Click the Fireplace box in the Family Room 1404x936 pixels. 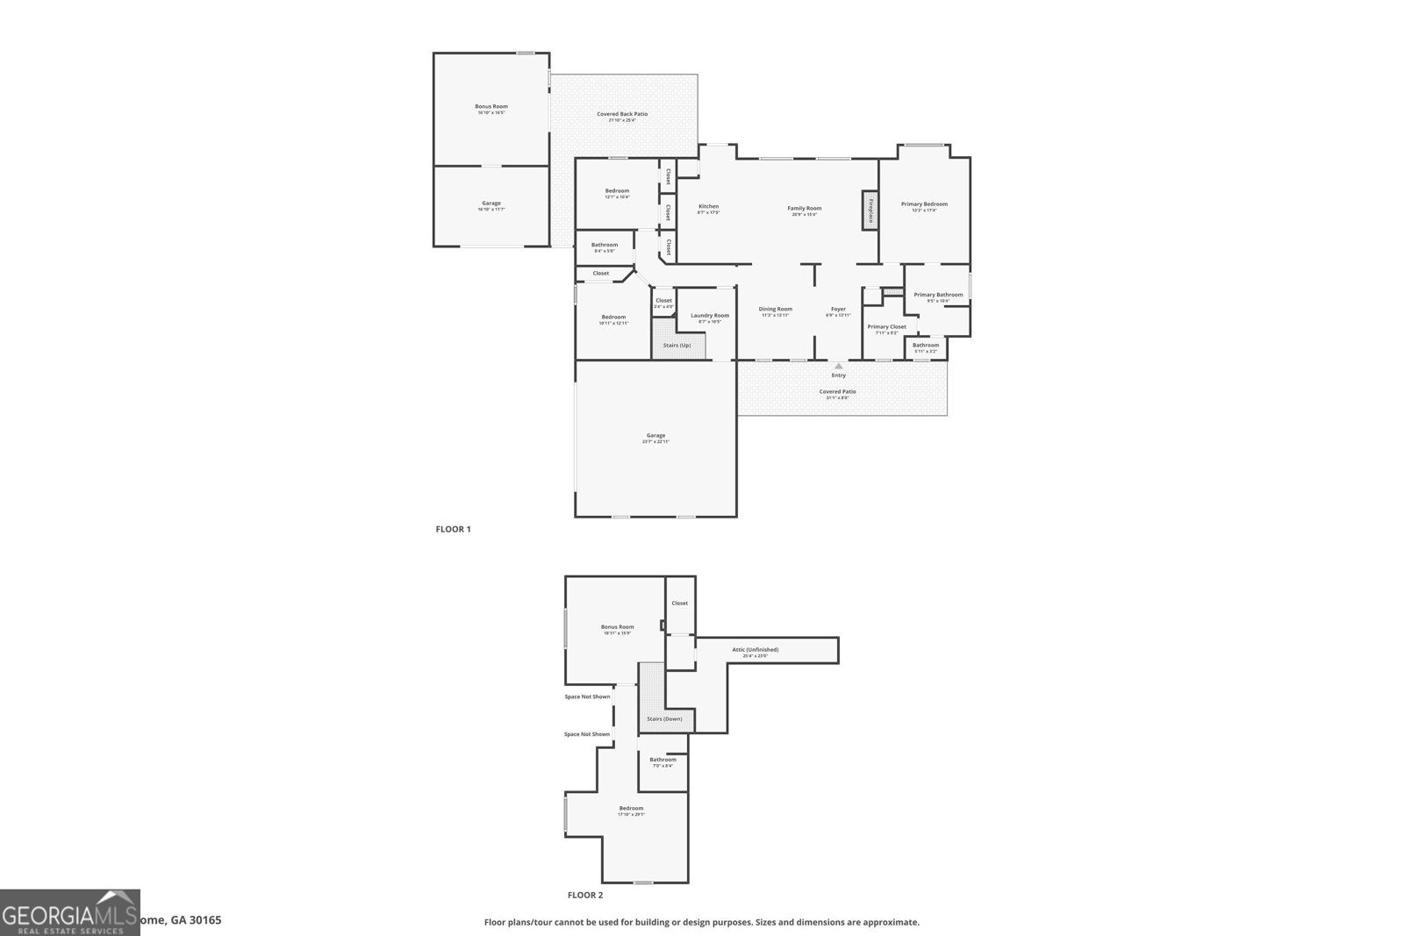pyautogui.click(x=870, y=211)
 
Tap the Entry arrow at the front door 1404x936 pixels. pyautogui.click(x=839, y=366)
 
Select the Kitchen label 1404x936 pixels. pyautogui.click(x=708, y=207)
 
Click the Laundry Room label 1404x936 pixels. pyautogui.click(x=710, y=316)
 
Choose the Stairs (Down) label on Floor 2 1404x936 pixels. pyautogui.click(x=664, y=719)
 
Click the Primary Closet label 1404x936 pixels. pyautogui.click(x=886, y=327)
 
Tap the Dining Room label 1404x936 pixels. pyautogui.click(x=776, y=309)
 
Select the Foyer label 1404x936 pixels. pyautogui.click(x=838, y=309)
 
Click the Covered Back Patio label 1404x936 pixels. pyautogui.click(x=622, y=114)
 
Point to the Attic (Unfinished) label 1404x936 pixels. pyautogui.click(x=755, y=650)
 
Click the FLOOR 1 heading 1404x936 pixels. pyautogui.click(x=454, y=530)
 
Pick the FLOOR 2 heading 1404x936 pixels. pyautogui.click(x=585, y=896)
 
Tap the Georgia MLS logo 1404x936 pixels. pyautogui.click(x=69, y=912)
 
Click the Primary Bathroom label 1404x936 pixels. pyautogui.click(x=938, y=295)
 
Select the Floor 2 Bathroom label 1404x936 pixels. pyautogui.click(x=663, y=760)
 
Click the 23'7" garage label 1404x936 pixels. pyautogui.click(x=655, y=436)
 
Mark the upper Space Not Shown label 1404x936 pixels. pyautogui.click(x=587, y=697)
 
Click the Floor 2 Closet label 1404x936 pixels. pyautogui.click(x=679, y=604)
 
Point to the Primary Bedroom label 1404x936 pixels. pyautogui.click(x=924, y=204)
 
